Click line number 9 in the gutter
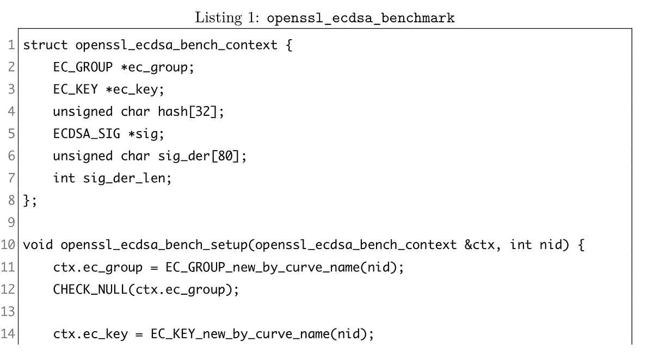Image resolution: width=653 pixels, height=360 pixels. pyautogui.click(x=12, y=224)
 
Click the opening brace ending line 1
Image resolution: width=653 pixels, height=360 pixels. pyautogui.click(x=288, y=45)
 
